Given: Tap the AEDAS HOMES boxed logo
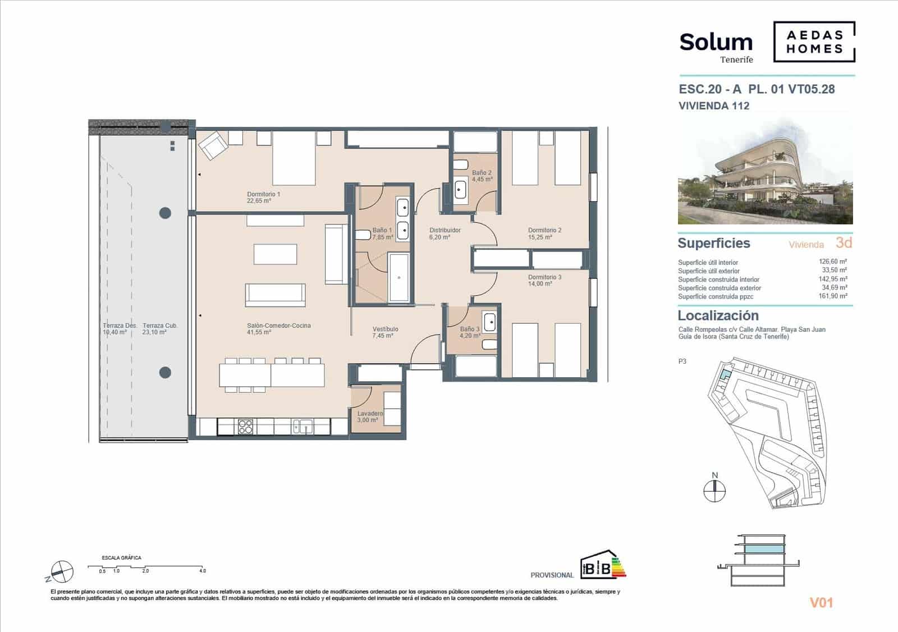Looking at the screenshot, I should tap(814, 42).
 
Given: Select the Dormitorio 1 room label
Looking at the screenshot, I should tap(263, 197).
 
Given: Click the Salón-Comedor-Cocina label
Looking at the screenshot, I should tap(278, 329).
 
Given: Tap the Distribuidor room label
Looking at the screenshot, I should tap(445, 233).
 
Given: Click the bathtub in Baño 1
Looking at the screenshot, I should tap(399, 277).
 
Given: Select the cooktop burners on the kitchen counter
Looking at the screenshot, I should tap(246, 427).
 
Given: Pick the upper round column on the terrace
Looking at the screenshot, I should tap(165, 213).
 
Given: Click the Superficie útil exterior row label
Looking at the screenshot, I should tap(708, 271).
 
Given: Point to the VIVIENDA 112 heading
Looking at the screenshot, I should tap(713, 106).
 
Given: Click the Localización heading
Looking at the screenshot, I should tap(718, 315).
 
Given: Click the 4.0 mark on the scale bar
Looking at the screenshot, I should tap(202, 570).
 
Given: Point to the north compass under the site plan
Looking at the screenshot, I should tap(714, 491).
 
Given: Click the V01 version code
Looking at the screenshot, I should tap(821, 603).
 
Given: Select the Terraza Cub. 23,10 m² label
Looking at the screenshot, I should tap(160, 329).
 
